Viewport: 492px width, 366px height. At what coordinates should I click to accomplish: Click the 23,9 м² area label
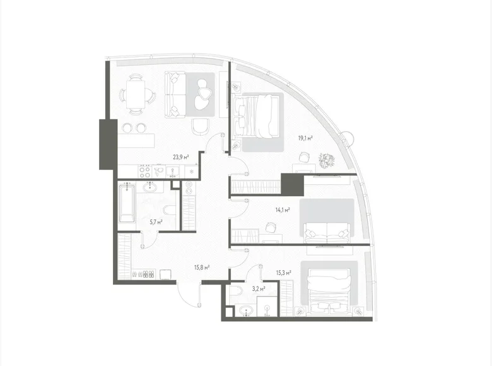182,158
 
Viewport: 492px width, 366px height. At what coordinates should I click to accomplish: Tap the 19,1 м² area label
306,138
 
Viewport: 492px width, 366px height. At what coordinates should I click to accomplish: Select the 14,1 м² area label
283,210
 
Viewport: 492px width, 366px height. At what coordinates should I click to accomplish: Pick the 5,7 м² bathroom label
156,222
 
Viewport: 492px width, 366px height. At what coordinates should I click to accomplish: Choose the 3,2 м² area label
259,288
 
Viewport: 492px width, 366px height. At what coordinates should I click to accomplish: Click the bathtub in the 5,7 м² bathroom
127,202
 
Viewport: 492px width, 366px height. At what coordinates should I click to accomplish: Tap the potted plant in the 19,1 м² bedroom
328,160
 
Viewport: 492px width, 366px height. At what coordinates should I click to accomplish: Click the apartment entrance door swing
188,293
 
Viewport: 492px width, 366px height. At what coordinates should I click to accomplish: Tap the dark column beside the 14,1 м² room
292,186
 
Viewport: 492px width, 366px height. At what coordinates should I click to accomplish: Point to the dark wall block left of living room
105,144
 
